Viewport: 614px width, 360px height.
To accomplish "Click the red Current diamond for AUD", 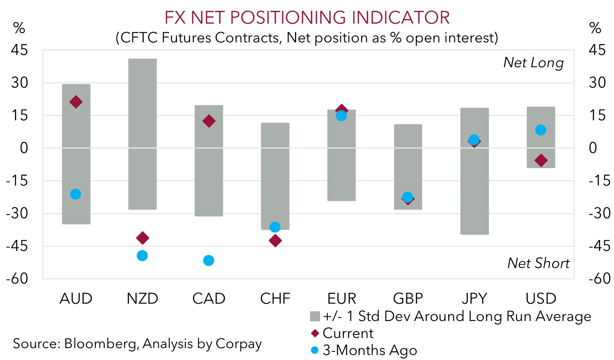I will point(76,102).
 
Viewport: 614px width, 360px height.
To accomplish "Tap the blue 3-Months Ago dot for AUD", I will point(75,194).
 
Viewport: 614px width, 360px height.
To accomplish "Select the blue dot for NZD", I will point(142,256).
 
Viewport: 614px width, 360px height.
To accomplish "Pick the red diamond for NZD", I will point(142,238).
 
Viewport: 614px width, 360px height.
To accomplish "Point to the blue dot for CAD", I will point(208,261).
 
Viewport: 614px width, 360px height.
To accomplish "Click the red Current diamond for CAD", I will point(209,121).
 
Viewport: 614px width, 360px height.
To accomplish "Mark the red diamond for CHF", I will point(275,241).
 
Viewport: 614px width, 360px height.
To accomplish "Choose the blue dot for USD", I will point(541,130).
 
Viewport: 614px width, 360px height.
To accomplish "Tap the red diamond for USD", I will point(541,160).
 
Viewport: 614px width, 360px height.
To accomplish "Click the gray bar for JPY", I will point(474,187).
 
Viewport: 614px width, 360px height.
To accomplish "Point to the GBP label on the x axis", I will point(408,299).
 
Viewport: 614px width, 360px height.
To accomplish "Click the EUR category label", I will point(341,299).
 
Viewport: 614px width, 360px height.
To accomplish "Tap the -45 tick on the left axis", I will point(17,246).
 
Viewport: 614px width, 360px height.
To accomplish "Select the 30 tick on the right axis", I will point(597,82).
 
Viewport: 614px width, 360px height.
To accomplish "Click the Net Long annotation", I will point(533,63).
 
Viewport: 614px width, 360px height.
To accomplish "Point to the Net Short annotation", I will point(538,263).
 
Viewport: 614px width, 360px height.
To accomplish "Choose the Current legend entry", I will point(347,333).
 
